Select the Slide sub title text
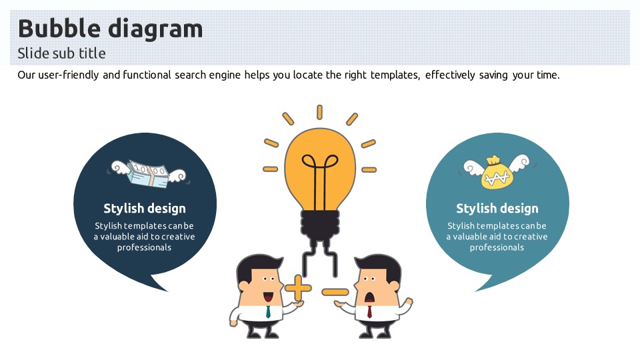(61, 53)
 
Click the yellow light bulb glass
(319, 167)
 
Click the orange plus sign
(298, 289)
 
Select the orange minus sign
(335, 292)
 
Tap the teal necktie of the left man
(268, 311)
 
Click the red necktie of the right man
(369, 311)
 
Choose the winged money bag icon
(497, 172)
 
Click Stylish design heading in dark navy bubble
(145, 209)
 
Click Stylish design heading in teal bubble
(497, 209)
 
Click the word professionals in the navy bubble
(145, 247)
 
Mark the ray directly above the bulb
(319, 111)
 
